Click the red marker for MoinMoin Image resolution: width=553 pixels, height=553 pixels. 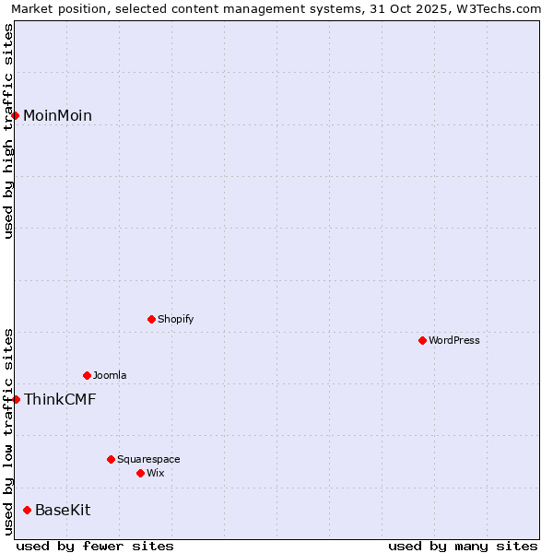click(x=16, y=115)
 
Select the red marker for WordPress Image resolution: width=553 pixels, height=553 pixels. click(x=422, y=340)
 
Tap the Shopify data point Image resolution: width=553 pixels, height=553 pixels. click(x=151, y=319)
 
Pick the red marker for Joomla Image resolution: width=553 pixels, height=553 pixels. click(x=87, y=375)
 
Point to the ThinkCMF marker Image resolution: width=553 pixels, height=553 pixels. click(x=16, y=399)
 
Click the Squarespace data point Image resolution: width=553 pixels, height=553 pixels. click(x=111, y=459)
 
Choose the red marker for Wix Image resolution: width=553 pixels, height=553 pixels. click(x=140, y=473)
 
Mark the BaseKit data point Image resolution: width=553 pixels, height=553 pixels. click(x=27, y=510)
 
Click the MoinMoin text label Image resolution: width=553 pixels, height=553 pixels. click(x=57, y=115)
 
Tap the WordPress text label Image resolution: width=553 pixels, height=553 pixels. click(x=454, y=340)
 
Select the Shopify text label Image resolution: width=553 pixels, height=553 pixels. click(x=176, y=319)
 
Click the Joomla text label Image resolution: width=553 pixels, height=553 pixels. click(x=110, y=375)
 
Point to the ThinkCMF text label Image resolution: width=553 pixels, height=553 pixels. click(x=60, y=399)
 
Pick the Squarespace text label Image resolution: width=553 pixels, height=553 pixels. click(x=148, y=459)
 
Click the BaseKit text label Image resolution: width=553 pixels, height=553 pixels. click(x=63, y=510)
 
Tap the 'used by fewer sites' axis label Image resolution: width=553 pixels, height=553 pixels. click(x=95, y=546)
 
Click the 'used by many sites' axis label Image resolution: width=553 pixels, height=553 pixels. click(x=463, y=546)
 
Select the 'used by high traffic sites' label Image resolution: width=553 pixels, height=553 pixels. click(x=8, y=131)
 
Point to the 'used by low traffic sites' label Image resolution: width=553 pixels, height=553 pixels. click(x=8, y=430)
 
